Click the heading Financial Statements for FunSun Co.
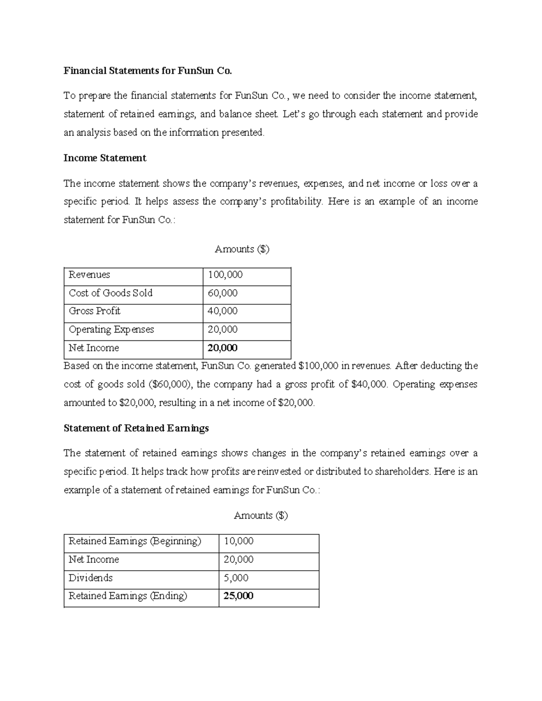pos(147,71)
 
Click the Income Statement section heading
pos(105,158)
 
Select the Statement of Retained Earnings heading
pos(136,428)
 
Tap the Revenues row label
pos(89,275)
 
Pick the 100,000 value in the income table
pos(225,275)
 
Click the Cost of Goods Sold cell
pos(111,293)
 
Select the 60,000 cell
pos(222,293)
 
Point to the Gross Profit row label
pos(94,311)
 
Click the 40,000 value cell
pos(222,311)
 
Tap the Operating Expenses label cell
pos(111,330)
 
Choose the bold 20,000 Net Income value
pos(222,348)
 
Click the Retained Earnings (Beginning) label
pos(135,541)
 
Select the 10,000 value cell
pos(238,541)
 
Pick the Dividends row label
pos(90,578)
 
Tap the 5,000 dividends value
pos(236,578)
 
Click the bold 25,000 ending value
pos(238,596)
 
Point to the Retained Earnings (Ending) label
pos(127,596)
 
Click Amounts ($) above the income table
pos(242,249)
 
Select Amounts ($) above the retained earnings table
pos(261,515)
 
